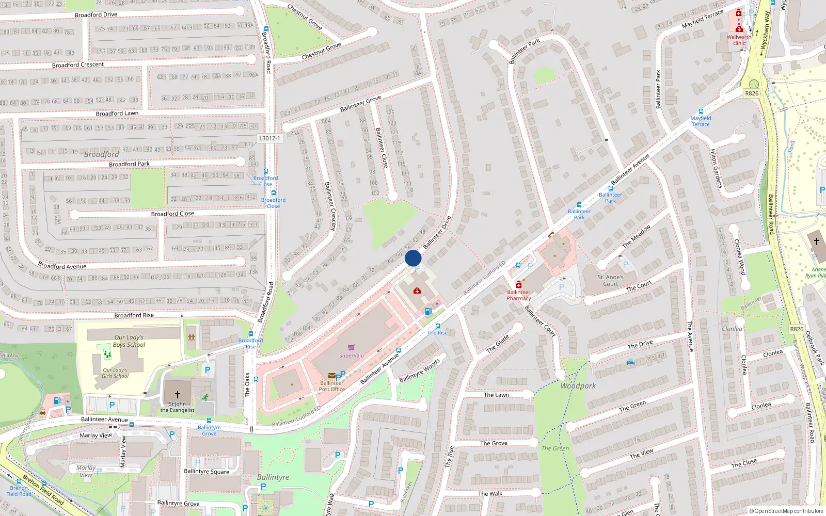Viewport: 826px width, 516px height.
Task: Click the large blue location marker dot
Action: [x=413, y=258]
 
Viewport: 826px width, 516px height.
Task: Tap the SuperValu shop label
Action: [x=352, y=356]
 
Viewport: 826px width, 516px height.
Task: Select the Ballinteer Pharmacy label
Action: [x=519, y=295]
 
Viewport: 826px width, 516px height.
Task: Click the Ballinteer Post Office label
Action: [x=331, y=386]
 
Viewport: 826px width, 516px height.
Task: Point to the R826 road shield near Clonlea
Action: [x=797, y=329]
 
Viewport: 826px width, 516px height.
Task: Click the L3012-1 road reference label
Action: [x=269, y=138]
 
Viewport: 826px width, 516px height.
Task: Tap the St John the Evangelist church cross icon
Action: [x=178, y=395]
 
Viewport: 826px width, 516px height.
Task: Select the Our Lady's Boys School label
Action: [x=129, y=341]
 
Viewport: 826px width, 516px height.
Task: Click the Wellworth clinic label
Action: [x=739, y=40]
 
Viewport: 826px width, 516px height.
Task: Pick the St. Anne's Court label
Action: [x=610, y=281]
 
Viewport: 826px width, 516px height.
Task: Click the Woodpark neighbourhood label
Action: [x=578, y=386]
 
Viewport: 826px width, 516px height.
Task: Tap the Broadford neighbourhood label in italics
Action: [x=101, y=154]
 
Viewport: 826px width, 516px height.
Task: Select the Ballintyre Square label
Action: [x=206, y=471]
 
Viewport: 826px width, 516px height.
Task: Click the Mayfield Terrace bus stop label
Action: [x=701, y=121]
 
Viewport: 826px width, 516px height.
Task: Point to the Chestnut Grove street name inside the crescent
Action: [x=321, y=51]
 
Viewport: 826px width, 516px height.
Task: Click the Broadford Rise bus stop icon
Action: [x=251, y=334]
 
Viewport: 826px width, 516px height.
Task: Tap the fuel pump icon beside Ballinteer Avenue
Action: [x=428, y=311]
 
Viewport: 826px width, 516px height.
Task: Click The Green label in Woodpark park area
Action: [x=555, y=448]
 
